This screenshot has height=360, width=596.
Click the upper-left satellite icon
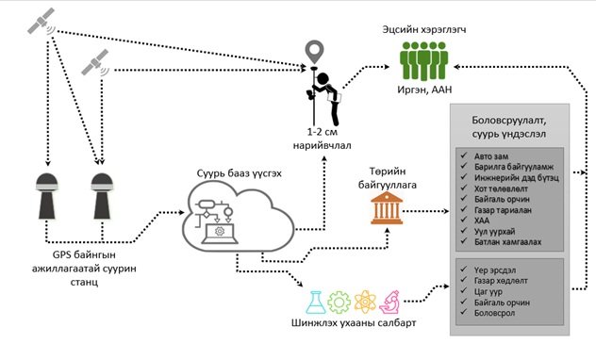coord(41,22)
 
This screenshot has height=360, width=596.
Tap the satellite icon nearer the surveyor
coord(95,63)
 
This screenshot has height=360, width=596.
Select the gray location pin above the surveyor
coord(315,53)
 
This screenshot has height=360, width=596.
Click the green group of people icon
coord(423,60)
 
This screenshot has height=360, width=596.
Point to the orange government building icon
coord(387,208)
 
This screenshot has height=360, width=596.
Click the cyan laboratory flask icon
coord(316,303)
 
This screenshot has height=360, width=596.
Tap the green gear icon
coord(339,303)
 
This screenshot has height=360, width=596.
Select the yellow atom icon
coord(365,303)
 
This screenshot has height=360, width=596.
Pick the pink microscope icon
coord(389,303)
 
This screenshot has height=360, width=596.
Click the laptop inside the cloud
coord(220,233)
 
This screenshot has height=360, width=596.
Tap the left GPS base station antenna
coord(47,196)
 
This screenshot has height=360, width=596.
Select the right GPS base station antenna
coord(102,196)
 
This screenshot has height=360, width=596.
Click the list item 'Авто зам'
coord(491,156)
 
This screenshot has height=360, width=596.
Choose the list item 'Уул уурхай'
coord(494,231)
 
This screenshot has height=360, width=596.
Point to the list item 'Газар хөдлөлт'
coord(501,281)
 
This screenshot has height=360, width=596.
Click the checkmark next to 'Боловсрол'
coord(463,312)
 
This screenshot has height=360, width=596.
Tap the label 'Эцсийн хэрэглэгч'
coord(424,29)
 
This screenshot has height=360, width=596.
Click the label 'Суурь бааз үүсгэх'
coord(240,173)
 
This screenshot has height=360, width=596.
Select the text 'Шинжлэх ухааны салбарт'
coord(354,323)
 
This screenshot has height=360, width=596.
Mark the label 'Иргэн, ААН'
coord(424,90)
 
